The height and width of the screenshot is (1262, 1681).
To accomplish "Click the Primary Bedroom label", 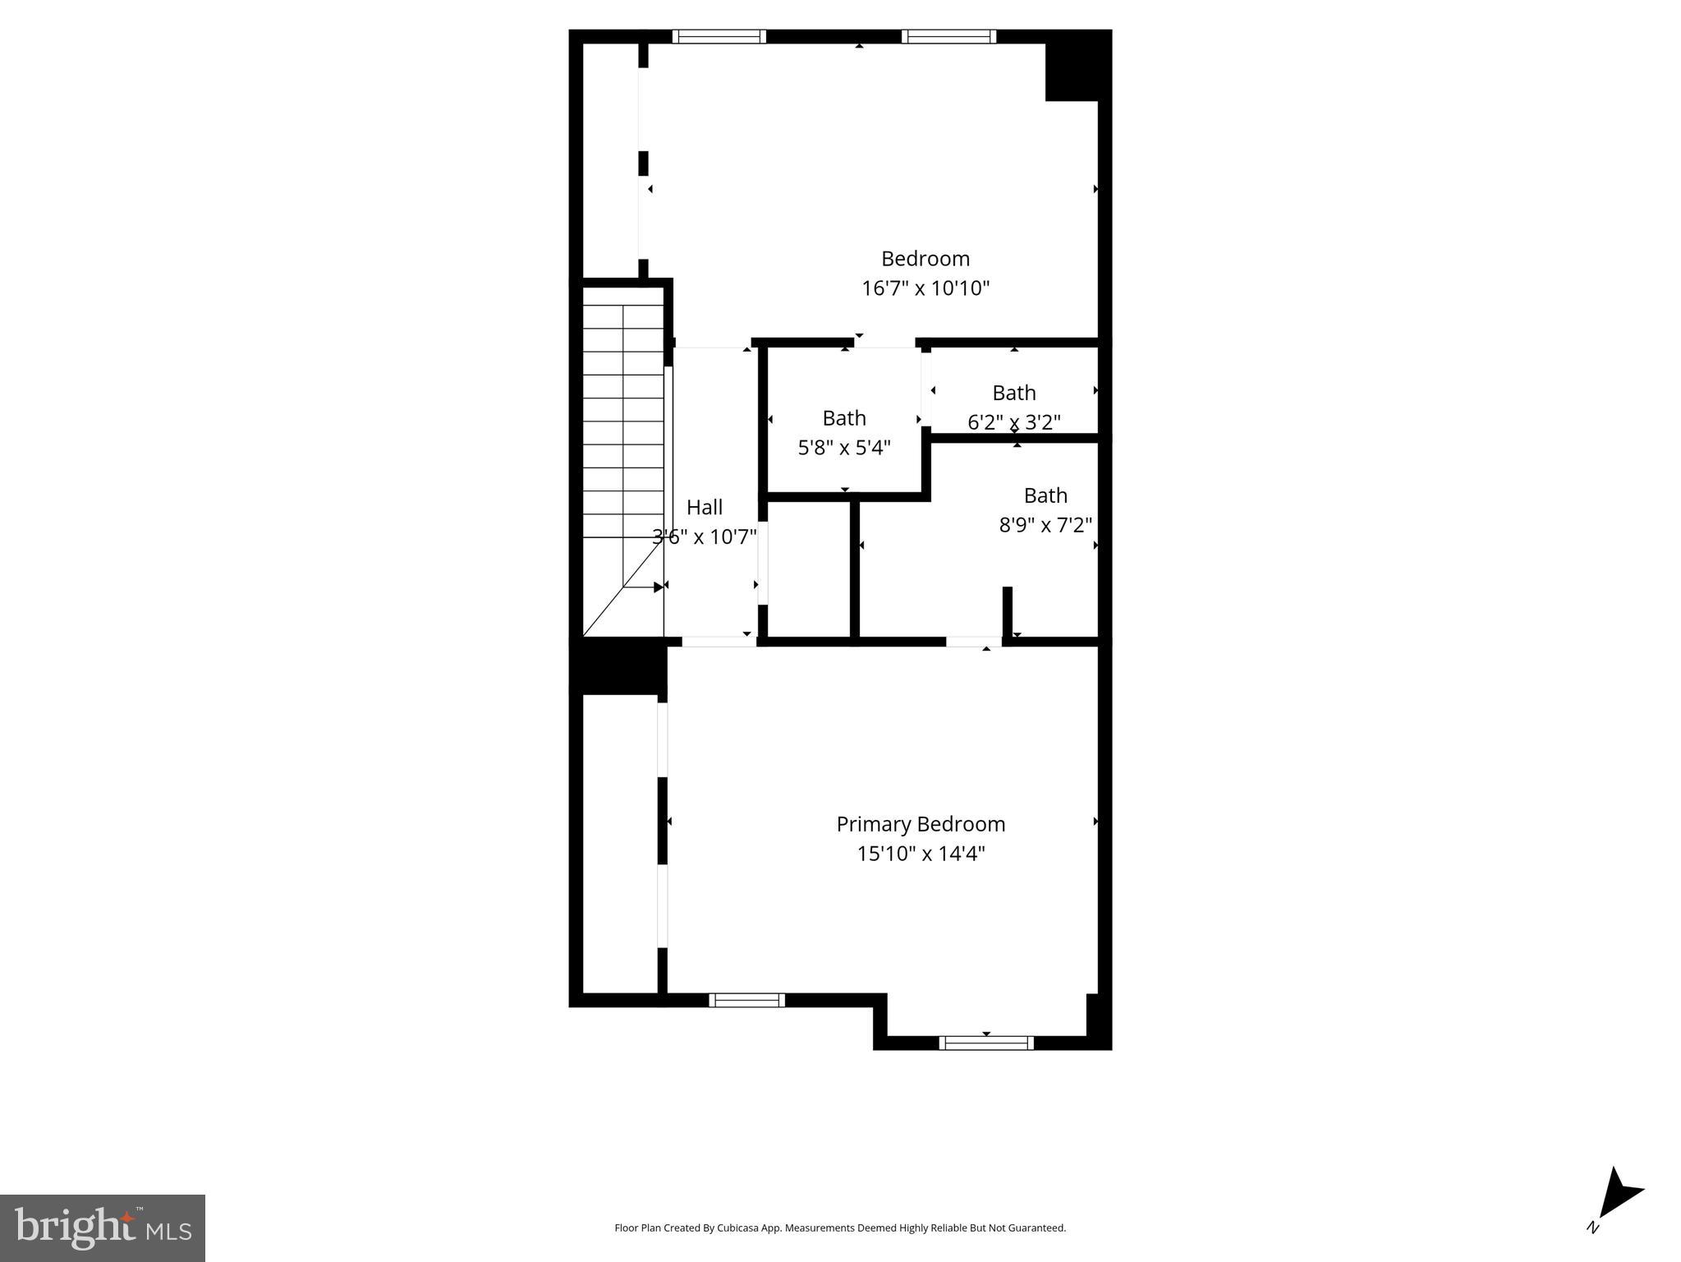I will click(x=921, y=824).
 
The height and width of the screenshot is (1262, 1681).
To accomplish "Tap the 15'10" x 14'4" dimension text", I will click(x=921, y=854).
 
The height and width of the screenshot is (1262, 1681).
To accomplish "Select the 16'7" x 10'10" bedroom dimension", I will click(x=925, y=288).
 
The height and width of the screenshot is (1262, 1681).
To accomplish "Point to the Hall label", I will click(x=705, y=507).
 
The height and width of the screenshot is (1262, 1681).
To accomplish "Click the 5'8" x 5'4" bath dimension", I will click(x=844, y=448).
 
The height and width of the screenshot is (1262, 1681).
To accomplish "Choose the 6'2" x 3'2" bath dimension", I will click(x=1014, y=422).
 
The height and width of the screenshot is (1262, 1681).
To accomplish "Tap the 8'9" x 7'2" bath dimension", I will click(x=1045, y=525).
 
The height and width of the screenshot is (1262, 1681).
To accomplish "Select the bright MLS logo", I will click(x=103, y=1227).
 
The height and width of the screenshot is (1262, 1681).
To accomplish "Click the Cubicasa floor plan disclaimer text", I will click(x=840, y=1228).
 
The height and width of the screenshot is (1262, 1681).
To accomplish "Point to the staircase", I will click(x=622, y=460).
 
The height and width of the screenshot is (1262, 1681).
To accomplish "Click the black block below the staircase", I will click(x=618, y=666).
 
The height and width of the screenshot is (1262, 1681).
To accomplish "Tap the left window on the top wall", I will click(x=719, y=36).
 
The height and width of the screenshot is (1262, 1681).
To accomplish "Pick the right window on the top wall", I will click(x=948, y=36).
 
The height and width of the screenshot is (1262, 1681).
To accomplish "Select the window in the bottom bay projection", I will click(x=985, y=1043).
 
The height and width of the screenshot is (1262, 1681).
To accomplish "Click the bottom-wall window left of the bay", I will click(x=746, y=1000).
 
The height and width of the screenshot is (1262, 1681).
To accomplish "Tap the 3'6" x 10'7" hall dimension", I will click(x=705, y=537).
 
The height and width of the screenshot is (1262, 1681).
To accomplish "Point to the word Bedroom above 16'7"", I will click(x=925, y=259).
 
